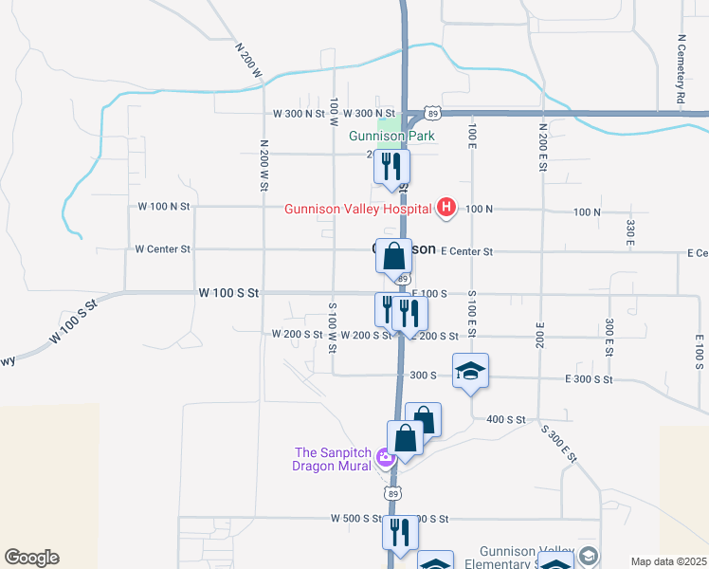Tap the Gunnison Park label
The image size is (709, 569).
pyautogui.click(x=391, y=136)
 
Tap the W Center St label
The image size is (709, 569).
pyautogui.click(x=163, y=249)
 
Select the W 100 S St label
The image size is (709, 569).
pyautogui.click(x=227, y=294)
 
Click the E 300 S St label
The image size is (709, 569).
pyautogui.click(x=588, y=379)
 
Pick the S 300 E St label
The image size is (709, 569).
pyautogui.click(x=559, y=443)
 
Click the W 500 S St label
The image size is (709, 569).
pyautogui.click(x=356, y=519)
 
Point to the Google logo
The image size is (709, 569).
pyautogui.click(x=31, y=558)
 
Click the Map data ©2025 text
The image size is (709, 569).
pyautogui.click(x=667, y=561)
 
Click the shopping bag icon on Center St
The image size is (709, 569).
pyautogui.click(x=394, y=256)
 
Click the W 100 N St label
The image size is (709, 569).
pyautogui.click(x=164, y=206)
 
